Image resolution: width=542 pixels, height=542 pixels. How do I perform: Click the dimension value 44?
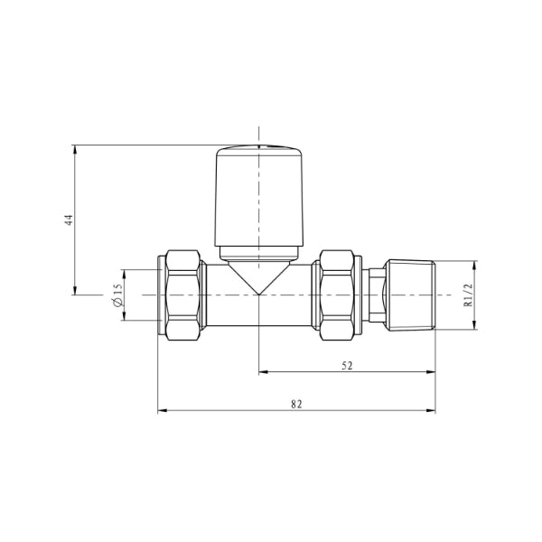pyautogui.click(x=70, y=220)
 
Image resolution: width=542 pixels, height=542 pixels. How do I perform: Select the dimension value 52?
pyautogui.click(x=347, y=365)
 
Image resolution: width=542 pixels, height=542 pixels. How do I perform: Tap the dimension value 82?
pyautogui.click(x=296, y=404)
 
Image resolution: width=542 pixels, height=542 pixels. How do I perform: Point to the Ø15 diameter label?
pyautogui.click(x=117, y=295)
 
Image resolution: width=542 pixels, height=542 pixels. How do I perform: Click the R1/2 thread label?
pyautogui.click(x=468, y=294)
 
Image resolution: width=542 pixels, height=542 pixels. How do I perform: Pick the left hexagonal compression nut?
pyautogui.click(x=182, y=295)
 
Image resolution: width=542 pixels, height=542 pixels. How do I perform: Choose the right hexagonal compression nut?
pyautogui.click(x=337, y=295)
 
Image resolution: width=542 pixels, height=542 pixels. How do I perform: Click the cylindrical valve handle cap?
pyautogui.click(x=259, y=196)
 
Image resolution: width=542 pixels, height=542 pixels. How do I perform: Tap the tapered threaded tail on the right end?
pyautogui.click(x=410, y=295)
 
